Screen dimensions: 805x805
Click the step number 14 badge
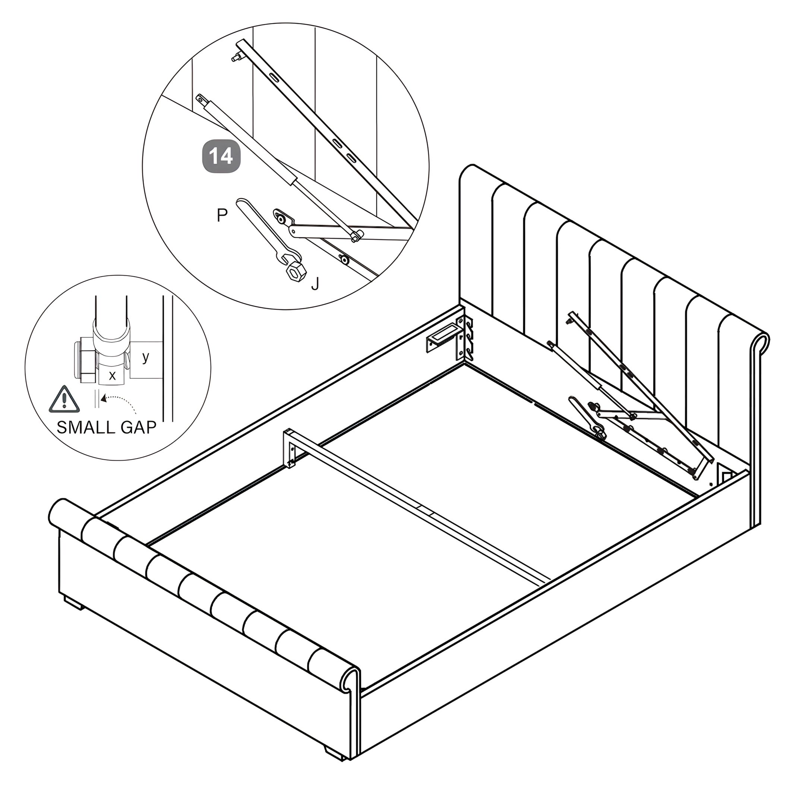coord(221,156)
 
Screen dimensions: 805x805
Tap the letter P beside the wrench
coord(222,215)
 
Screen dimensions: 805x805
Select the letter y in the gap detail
coord(145,357)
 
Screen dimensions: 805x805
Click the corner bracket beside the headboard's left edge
coord(465,338)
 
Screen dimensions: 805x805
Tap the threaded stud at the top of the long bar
coord(236,57)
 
